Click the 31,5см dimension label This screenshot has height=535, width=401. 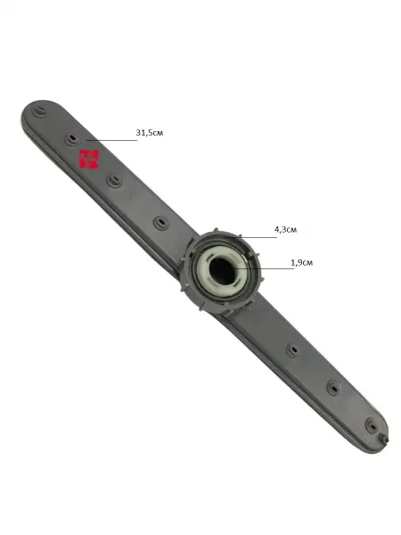pyautogui.click(x=150, y=133)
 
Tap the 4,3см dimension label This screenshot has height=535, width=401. pyautogui.click(x=285, y=230)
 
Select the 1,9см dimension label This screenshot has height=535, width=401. pyautogui.click(x=301, y=263)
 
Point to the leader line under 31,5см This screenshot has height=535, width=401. pyautogui.click(x=111, y=140)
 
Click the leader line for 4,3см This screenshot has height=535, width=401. pyautogui.click(x=250, y=237)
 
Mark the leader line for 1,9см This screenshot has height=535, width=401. pyautogui.click(x=264, y=269)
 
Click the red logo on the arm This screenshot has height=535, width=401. pyautogui.click(x=88, y=160)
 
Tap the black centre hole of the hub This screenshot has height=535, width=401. pyautogui.click(x=222, y=269)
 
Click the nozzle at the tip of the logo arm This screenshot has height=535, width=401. pyautogui.click(x=40, y=111)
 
